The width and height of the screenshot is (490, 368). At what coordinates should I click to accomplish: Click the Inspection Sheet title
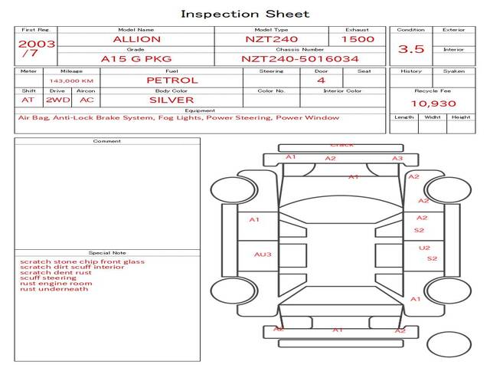[x=245, y=14]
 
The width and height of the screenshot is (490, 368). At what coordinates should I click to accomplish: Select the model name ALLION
[x=136, y=39]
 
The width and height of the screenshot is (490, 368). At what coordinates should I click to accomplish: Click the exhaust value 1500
[x=358, y=39]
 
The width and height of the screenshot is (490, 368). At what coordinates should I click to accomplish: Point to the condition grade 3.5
[x=411, y=49]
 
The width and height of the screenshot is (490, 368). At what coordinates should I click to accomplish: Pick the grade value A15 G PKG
[x=136, y=58]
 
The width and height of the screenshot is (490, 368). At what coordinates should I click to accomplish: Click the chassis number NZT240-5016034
[x=300, y=58]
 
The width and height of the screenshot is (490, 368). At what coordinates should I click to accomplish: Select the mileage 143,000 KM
[x=71, y=80]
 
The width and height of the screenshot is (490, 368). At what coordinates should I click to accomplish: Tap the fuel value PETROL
[x=171, y=80]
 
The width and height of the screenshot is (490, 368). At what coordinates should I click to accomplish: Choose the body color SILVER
[x=171, y=100]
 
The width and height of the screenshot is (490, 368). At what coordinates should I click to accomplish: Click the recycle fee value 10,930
[x=433, y=103]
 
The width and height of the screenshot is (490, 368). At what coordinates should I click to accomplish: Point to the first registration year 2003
[x=36, y=44]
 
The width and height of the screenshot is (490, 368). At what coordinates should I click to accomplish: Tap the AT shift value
[x=28, y=100]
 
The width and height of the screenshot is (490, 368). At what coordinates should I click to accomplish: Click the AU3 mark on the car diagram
[x=263, y=254]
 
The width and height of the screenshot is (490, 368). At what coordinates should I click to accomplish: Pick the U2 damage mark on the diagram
[x=424, y=248]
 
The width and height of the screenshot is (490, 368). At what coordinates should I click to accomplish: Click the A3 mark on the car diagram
[x=397, y=159]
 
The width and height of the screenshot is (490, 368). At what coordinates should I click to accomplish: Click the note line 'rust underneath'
[x=54, y=289]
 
